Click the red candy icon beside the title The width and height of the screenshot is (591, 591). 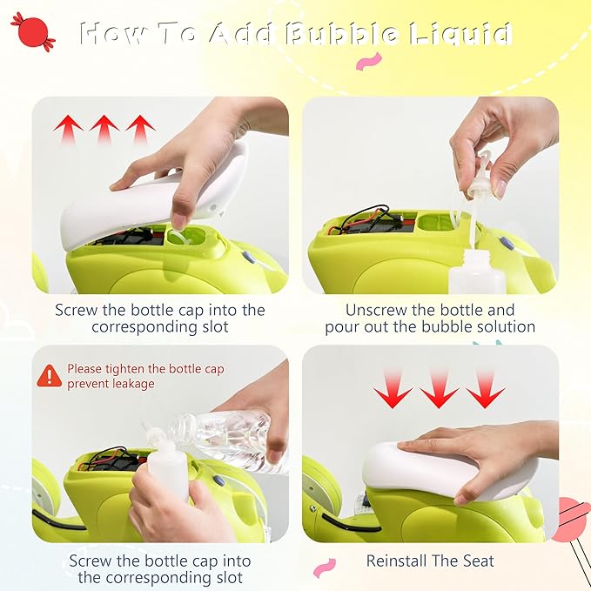click(x=33, y=32)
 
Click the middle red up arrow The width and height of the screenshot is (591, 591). click(x=104, y=129)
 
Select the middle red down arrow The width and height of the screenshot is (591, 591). click(x=439, y=389)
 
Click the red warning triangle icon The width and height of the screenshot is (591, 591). click(x=50, y=376)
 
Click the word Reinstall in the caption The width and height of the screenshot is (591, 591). click(x=396, y=561)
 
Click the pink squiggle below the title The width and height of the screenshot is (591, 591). click(x=369, y=61)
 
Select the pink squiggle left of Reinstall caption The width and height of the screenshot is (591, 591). click(x=325, y=567)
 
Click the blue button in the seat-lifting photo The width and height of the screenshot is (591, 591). click(x=248, y=257)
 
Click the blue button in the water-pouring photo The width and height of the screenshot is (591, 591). click(x=218, y=480)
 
